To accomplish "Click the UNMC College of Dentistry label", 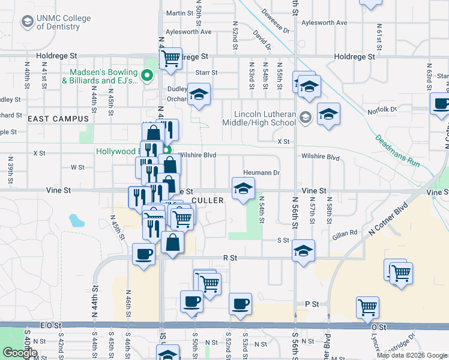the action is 63,23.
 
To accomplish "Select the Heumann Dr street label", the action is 262,173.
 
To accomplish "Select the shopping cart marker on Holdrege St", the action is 171,58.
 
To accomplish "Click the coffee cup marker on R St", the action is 144,254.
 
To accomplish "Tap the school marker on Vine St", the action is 243,188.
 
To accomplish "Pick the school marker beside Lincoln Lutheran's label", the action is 328,113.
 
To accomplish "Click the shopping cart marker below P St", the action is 367,307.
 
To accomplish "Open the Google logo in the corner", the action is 20,353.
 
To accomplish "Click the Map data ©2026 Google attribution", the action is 412,355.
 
